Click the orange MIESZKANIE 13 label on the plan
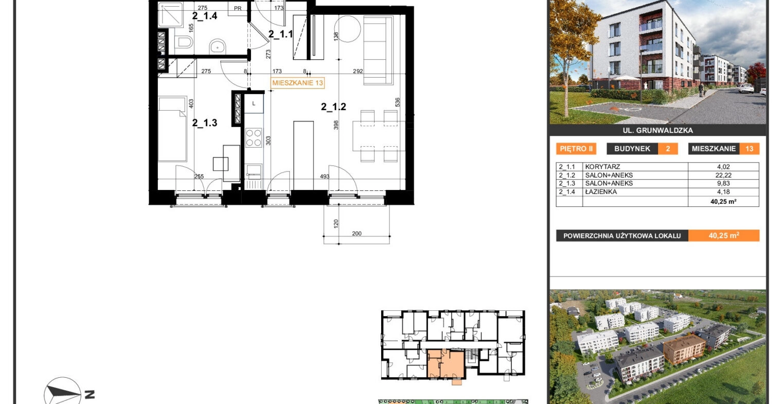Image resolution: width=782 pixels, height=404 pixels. [x=298, y=83]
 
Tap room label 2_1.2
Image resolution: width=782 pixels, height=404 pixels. [x=333, y=107]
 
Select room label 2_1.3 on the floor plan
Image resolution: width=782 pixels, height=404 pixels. [x=205, y=122]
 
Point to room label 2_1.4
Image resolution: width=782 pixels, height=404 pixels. [x=205, y=16]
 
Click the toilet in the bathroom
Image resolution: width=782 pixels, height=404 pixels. [x=183, y=43]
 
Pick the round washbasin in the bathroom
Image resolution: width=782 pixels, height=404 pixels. [x=218, y=46]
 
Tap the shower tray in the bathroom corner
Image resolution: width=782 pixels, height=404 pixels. [x=170, y=14]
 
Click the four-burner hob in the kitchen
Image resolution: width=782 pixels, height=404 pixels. [x=254, y=137]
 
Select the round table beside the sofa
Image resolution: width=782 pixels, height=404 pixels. [x=347, y=29]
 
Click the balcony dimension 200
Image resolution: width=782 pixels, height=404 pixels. [x=357, y=234]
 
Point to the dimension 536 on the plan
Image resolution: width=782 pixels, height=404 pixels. [x=398, y=102]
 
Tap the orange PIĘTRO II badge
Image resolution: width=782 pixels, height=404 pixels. [x=576, y=149]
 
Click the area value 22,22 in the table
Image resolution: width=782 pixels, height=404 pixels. [x=723, y=175]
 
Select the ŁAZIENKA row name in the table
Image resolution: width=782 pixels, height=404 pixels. [x=601, y=191]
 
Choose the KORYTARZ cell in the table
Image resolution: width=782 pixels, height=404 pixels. [x=598, y=167]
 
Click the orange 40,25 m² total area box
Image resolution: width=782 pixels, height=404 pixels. [x=724, y=236]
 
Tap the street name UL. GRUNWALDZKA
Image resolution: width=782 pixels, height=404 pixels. [x=657, y=131]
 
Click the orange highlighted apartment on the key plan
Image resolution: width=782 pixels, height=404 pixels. [x=446, y=364]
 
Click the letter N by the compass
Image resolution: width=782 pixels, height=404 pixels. [x=90, y=395]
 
